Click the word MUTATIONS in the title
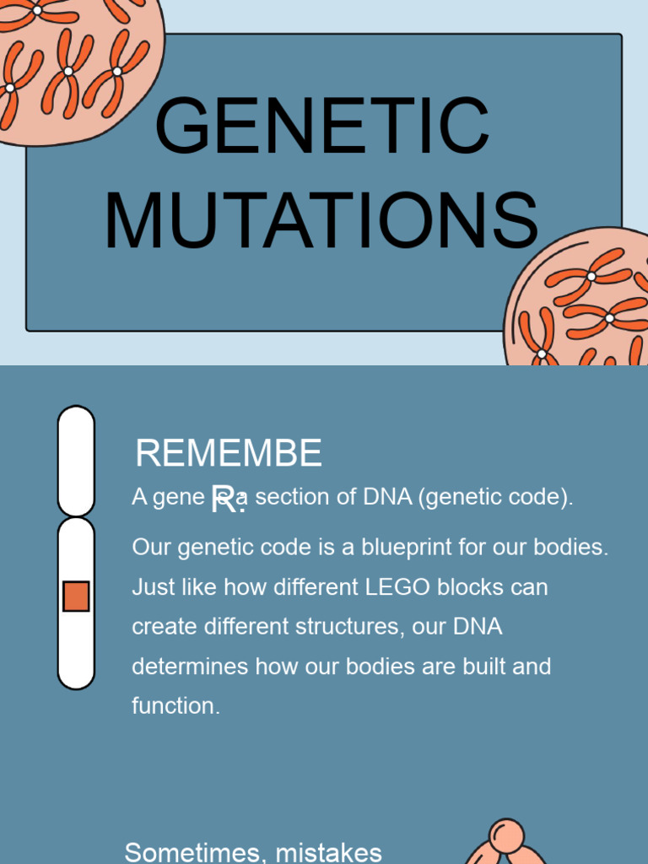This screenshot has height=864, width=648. pyautogui.click(x=321, y=222)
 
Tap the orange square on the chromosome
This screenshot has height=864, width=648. pyautogui.click(x=76, y=596)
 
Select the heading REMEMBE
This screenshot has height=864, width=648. pyautogui.click(x=228, y=454)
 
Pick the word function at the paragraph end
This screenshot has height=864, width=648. pyautogui.click(x=175, y=706)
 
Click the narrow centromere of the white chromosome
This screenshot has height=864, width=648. pyautogui.click(x=76, y=515)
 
